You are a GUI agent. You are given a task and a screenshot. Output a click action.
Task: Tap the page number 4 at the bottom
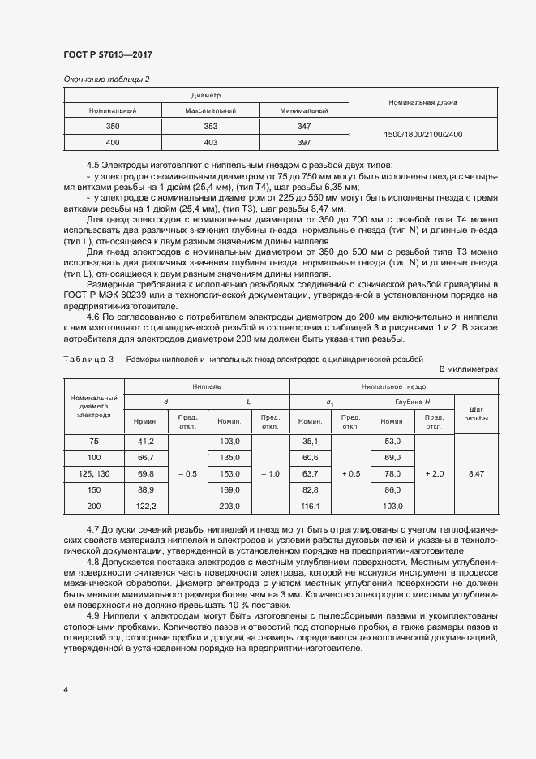(65, 689)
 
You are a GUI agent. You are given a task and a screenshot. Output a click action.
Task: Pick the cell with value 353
(210, 127)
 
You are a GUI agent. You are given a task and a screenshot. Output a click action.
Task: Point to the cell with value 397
(304, 142)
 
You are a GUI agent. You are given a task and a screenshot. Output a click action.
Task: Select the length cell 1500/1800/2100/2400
(422, 135)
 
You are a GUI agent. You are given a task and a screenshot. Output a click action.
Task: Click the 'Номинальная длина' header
(422, 103)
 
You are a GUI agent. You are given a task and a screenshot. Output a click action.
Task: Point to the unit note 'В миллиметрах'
(468, 369)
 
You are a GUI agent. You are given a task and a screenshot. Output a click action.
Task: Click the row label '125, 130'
(93, 472)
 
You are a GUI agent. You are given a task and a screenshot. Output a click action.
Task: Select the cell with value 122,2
(146, 506)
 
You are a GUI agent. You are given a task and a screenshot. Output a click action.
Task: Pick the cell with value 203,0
(230, 506)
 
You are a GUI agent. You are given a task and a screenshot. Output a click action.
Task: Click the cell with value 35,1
(311, 441)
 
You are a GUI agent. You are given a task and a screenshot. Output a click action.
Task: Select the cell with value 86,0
(392, 489)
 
